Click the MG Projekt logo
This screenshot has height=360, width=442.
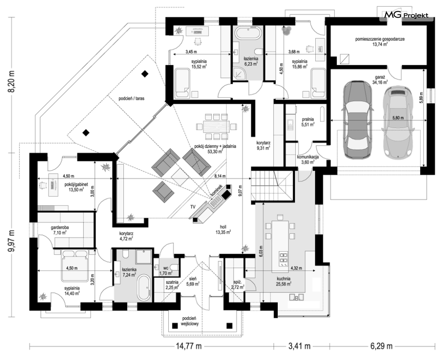click(405, 15)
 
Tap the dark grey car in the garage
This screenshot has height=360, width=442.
click(357, 120)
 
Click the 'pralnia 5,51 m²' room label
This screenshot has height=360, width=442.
click(308, 122)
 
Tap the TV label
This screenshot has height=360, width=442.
click(193, 207)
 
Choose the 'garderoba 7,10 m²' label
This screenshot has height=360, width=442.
click(60, 230)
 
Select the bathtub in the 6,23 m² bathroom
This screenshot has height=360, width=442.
click(248, 34)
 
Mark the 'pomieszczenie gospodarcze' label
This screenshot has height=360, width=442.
click(380, 39)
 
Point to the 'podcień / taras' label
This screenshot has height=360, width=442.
click(132, 98)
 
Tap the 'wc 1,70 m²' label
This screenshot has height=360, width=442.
click(166, 270)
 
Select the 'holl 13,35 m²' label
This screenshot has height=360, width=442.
click(223, 230)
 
